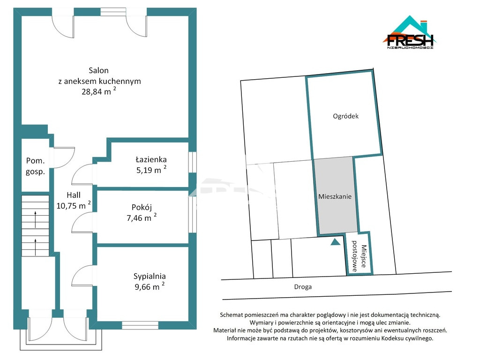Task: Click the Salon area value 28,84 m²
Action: [x=98, y=91]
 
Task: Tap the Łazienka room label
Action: [x=151, y=159]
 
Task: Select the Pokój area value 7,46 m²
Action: [x=142, y=217]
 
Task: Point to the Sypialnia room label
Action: [x=150, y=276]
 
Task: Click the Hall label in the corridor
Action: [x=74, y=195]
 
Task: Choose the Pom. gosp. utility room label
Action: [x=35, y=166]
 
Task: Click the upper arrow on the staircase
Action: [x=36, y=219]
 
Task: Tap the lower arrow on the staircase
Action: [x=36, y=247]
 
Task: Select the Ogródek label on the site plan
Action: [x=345, y=116]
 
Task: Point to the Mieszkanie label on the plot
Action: [x=335, y=196]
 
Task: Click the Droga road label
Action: [x=303, y=287]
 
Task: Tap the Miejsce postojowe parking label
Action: [x=359, y=256]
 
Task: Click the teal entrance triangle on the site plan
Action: [x=336, y=242]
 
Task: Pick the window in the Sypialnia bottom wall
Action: [x=140, y=325]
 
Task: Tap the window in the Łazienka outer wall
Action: [x=192, y=162]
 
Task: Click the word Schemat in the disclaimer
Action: [x=232, y=315]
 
